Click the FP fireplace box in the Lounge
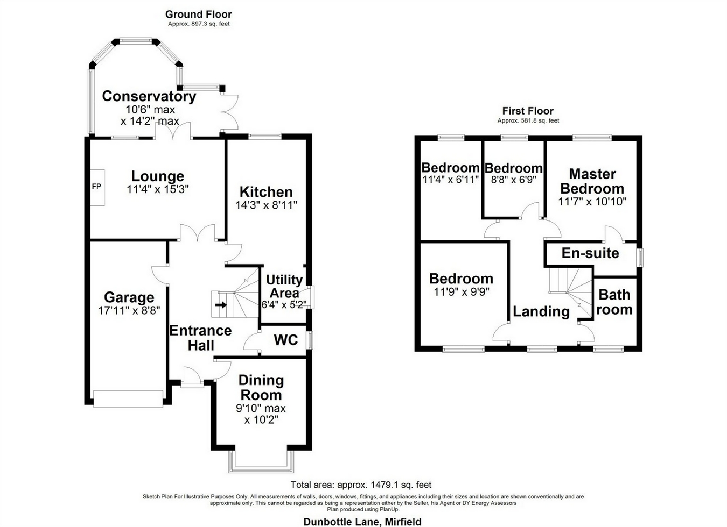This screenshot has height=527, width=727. (x=97, y=187)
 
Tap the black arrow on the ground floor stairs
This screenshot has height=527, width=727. (x=221, y=305)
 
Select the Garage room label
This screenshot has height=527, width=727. (x=129, y=297)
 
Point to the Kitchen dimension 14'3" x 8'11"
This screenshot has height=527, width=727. (x=266, y=205)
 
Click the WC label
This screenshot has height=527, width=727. (x=285, y=340)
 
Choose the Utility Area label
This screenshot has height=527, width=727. (x=284, y=286)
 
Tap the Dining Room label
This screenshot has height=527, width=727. (x=261, y=387)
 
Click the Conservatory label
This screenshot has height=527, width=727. (x=149, y=96)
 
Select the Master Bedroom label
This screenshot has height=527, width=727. (x=592, y=181)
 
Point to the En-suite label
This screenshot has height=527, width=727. (x=590, y=253)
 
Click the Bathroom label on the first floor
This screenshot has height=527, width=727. (x=614, y=302)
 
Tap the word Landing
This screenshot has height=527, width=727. (x=541, y=311)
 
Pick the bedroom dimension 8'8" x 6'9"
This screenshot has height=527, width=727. (x=513, y=180)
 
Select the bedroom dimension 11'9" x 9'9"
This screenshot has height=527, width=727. (x=462, y=292)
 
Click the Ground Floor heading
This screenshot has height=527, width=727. (x=198, y=14)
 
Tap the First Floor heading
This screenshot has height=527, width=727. (x=528, y=111)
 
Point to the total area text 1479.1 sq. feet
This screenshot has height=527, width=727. (x=361, y=485)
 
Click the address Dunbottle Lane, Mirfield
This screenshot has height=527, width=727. (x=362, y=522)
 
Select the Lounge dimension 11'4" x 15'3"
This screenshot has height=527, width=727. (x=158, y=189)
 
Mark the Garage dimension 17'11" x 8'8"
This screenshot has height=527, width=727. (x=129, y=310)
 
